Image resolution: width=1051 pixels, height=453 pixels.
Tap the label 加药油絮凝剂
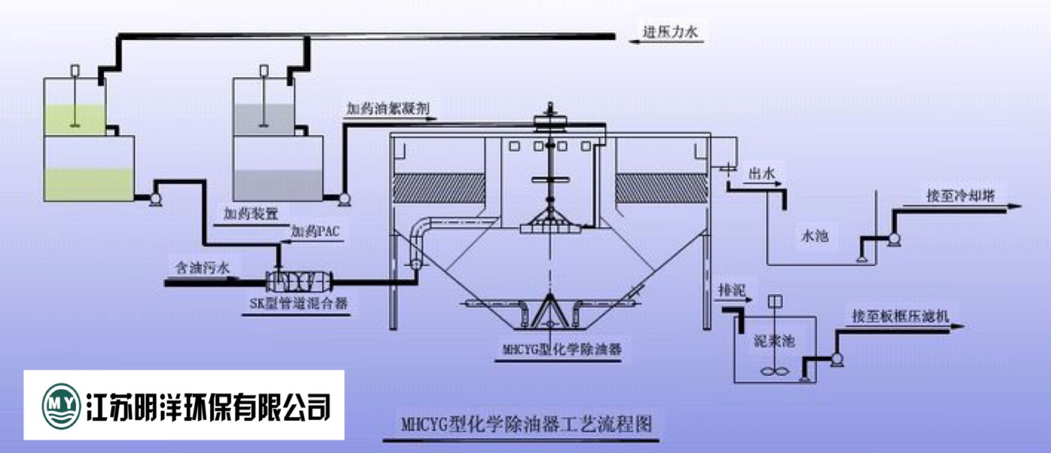(388, 108)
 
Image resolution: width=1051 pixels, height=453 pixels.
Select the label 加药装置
(251, 213)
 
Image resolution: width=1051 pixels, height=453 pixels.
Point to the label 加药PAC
(315, 231)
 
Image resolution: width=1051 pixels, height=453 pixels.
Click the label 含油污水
(202, 268)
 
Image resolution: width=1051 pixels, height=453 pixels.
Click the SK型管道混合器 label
(298, 303)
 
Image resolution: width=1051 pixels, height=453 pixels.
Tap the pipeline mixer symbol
(298, 281)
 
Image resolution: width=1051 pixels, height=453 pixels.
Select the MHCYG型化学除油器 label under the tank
(562, 349)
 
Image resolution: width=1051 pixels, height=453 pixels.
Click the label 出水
(761, 174)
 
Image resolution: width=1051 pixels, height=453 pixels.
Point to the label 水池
(815, 236)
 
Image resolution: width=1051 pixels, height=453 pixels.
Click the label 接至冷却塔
(960, 196)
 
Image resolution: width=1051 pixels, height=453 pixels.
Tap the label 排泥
(732, 290)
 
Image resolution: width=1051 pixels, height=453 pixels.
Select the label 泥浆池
(774, 341)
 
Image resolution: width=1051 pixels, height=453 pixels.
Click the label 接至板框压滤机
(900, 316)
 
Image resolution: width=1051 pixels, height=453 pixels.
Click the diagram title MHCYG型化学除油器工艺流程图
(526, 424)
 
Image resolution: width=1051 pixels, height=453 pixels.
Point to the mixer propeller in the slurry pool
(775, 371)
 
